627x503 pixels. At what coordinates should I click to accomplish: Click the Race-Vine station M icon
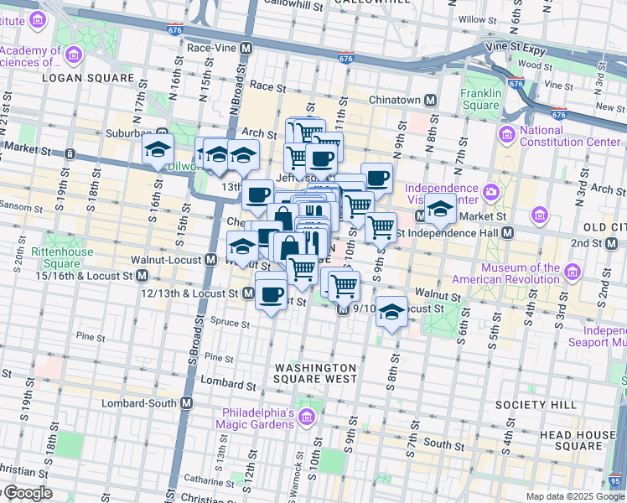[x=246, y=49]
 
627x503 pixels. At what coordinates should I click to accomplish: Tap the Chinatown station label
[x=394, y=100]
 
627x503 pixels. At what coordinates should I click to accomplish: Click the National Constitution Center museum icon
[x=506, y=135]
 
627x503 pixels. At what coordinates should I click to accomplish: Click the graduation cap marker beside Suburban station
[x=157, y=149]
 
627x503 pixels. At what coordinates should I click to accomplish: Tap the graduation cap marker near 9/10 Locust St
[x=391, y=312]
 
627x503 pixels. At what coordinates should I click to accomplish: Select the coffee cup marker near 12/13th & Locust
[x=271, y=293]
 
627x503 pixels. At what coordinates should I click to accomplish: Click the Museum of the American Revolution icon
[x=573, y=272]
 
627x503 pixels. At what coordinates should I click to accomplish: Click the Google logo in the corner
[x=28, y=494]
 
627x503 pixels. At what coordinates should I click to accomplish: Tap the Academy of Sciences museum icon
[x=74, y=56]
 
